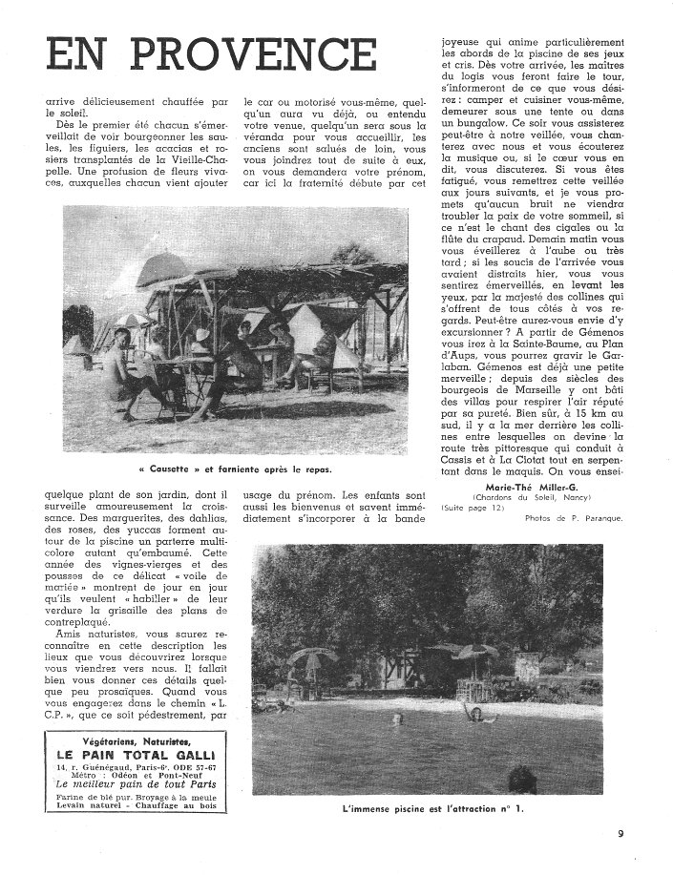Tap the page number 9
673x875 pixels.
pyautogui.click(x=620, y=833)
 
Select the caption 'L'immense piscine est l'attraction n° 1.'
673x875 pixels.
pyautogui.click(x=444, y=810)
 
